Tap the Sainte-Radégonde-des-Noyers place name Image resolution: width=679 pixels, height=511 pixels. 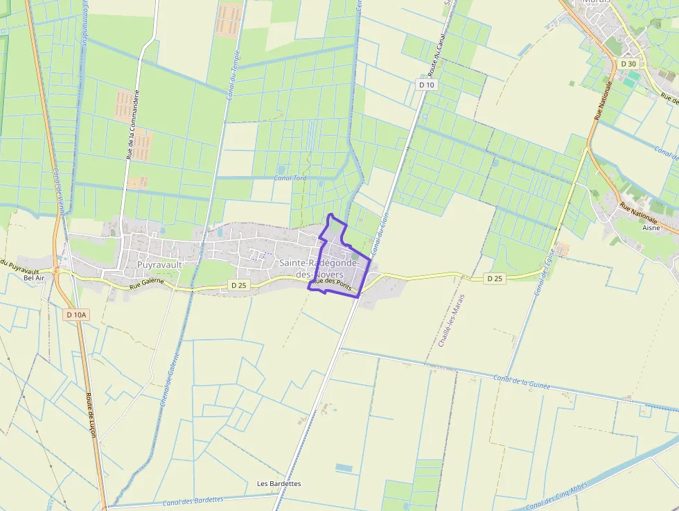(x=319, y=268)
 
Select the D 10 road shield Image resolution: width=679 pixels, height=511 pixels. (x=427, y=85)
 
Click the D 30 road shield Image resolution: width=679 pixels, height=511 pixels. (x=628, y=64)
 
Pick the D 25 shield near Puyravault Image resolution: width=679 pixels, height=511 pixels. (x=238, y=285)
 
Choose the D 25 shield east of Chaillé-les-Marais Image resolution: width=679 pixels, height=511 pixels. (x=494, y=279)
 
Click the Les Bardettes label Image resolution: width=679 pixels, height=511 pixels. (x=279, y=483)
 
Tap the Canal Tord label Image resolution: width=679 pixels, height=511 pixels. (x=290, y=178)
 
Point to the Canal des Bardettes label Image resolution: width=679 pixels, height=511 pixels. (x=193, y=501)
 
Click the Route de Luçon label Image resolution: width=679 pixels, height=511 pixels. (x=91, y=415)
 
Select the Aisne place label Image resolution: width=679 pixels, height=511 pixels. (x=651, y=227)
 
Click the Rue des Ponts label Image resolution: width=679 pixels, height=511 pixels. (x=332, y=283)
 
